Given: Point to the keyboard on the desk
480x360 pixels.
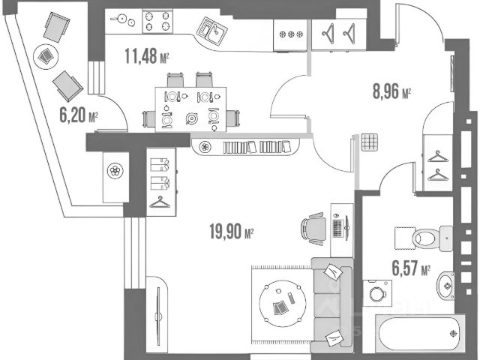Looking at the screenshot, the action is [x=337, y=226].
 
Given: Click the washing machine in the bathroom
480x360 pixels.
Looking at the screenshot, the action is [x=376, y=292].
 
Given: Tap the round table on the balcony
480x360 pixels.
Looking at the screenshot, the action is [x=46, y=55].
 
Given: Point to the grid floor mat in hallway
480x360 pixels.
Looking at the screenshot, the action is [x=368, y=142].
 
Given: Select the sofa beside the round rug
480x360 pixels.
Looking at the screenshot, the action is [x=332, y=304].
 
